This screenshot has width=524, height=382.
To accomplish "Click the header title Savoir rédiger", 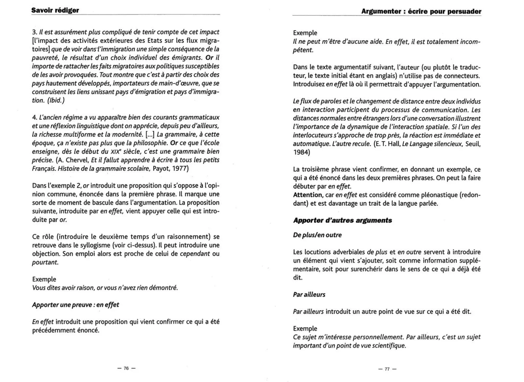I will click(x=55, y=10).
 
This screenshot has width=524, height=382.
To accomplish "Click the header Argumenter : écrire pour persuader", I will click(x=421, y=11).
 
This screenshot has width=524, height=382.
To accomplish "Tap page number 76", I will click(x=126, y=368).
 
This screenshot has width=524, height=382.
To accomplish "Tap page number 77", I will click(x=387, y=369).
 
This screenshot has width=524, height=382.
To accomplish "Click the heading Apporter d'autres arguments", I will click(x=342, y=220).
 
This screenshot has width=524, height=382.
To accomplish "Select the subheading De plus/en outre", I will click(x=317, y=235).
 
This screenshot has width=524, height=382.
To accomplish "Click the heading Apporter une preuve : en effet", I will click(x=75, y=305).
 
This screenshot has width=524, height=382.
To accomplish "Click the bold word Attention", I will click(x=308, y=195).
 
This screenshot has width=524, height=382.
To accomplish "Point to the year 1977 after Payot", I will click(x=180, y=169).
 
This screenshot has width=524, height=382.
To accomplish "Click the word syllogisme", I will click(x=95, y=245).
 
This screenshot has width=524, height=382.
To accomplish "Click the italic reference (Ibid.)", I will click(x=56, y=100).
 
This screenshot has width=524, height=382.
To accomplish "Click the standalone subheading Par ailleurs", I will click(x=309, y=294).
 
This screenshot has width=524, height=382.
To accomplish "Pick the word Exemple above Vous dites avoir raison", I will click(x=44, y=279).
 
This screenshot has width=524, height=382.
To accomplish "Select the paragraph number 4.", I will click(x=35, y=117).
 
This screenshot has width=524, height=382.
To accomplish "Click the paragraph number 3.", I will click(x=35, y=32).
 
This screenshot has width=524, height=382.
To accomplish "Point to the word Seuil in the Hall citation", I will click(x=473, y=144).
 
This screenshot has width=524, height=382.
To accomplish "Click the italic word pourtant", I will click(x=45, y=262).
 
